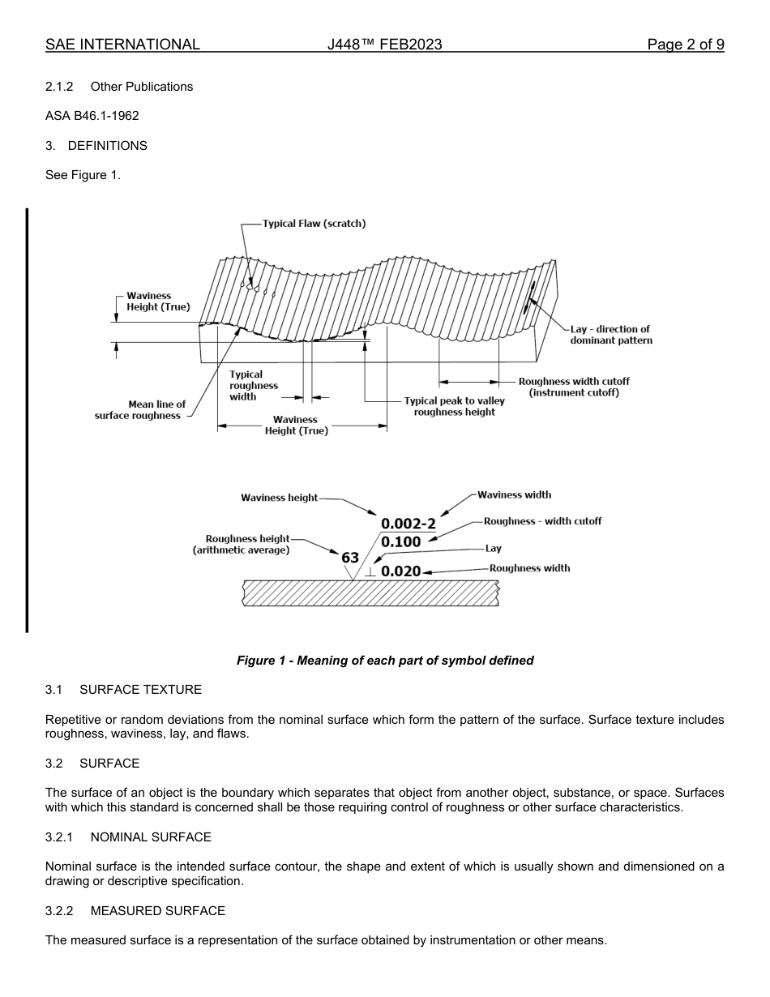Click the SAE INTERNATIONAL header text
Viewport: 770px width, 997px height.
122,45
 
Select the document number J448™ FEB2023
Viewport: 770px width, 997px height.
384,45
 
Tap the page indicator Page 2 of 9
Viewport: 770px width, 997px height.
685,45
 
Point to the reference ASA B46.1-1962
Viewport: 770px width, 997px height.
92,116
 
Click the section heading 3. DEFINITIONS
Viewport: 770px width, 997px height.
96,146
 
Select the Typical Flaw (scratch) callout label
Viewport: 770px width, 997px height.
314,224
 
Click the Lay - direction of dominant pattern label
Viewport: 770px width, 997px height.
610,335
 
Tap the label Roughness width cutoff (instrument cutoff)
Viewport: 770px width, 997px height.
574,387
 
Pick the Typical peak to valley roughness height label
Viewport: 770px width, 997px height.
454,406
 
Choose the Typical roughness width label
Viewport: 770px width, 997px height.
254,386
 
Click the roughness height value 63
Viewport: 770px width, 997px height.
350,558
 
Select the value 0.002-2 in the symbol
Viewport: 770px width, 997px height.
409,524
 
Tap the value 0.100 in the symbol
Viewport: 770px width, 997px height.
401,542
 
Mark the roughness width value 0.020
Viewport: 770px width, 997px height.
401,571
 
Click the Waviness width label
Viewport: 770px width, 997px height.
514,494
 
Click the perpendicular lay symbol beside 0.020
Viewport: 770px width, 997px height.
370,572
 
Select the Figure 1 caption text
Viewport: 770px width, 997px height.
385,661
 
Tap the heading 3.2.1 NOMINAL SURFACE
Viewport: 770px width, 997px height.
128,837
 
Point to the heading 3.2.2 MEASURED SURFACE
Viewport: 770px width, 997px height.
135,911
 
